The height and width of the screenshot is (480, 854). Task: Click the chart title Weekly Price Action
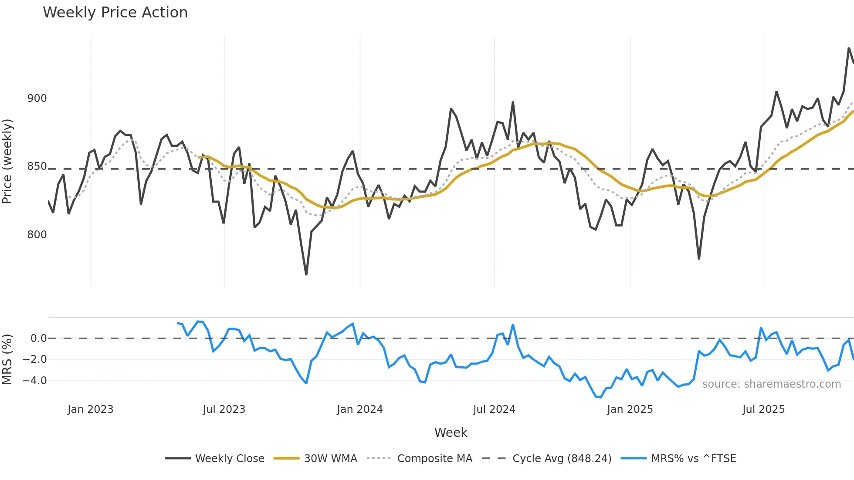point(115,13)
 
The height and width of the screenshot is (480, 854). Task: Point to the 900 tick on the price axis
point(37,98)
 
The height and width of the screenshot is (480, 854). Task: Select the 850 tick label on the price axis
point(37,166)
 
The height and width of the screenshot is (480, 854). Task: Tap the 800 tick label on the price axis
point(37,235)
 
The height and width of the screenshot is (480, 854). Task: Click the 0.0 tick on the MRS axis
point(38,338)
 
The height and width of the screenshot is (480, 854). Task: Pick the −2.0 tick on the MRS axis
point(35,359)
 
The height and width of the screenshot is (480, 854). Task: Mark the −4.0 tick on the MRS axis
point(35,381)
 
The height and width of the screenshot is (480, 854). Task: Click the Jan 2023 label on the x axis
point(90,409)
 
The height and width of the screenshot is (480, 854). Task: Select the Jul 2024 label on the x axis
point(494,409)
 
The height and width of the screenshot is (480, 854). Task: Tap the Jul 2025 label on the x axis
point(763,409)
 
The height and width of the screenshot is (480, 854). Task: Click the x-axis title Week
point(451,433)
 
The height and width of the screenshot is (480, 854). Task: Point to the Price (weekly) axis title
point(7,161)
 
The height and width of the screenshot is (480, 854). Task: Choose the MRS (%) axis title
point(7,359)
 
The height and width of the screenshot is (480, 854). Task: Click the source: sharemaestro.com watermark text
point(771,384)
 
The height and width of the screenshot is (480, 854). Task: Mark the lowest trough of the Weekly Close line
point(306,274)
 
